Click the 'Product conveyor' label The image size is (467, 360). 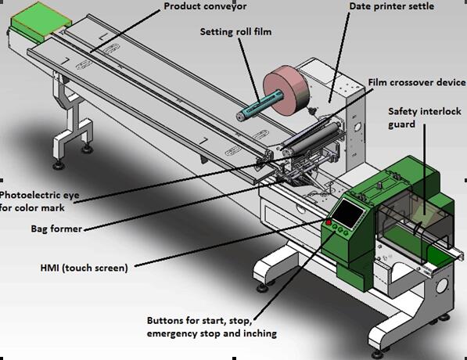[x=205, y=6]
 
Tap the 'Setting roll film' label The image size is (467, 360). [x=235, y=32]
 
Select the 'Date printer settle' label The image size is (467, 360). [x=391, y=6]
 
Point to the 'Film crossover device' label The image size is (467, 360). [x=417, y=82]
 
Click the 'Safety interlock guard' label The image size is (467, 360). [x=425, y=117]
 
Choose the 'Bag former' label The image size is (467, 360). [x=56, y=229]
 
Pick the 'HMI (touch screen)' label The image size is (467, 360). [x=84, y=268]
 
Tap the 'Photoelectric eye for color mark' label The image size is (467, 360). [x=40, y=201]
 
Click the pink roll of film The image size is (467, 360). [x=286, y=90]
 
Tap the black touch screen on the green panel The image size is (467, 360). [x=347, y=214]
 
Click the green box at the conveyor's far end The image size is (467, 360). [x=41, y=21]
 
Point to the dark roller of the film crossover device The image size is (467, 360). [x=313, y=138]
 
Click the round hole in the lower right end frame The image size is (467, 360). [x=441, y=286]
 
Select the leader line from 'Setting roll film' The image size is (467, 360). [x=249, y=71]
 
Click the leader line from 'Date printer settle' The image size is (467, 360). [x=339, y=57]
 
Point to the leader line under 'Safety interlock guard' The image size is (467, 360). [x=425, y=169]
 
